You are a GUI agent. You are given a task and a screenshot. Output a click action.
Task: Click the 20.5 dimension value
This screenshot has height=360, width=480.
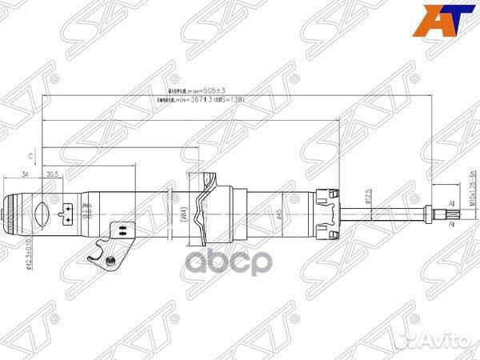click(x=54, y=174)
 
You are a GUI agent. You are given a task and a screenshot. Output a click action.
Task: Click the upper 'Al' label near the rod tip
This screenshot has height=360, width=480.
click(x=452, y=204)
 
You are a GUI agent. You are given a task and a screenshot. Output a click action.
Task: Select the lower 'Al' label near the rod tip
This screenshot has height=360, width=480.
click(x=452, y=226)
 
